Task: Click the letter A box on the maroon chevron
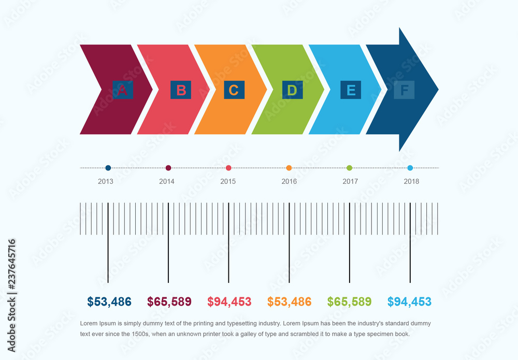pos(123,90)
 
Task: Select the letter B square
pos(181,90)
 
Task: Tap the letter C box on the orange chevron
pos(234,90)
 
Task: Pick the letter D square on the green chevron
pos(292,90)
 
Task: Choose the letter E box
pos(351,90)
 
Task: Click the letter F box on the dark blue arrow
pos(404,90)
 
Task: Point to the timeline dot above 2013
pos(108,168)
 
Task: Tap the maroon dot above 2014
pos(168,168)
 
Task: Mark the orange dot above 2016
pos(289,168)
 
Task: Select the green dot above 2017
pos(349,168)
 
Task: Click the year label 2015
pos(228,181)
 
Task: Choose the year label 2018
pos(411,181)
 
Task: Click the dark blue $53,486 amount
pos(109,301)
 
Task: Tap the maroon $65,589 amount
pos(169,301)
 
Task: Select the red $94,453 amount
pos(229,301)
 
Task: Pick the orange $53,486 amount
pos(290,301)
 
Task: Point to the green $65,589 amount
pos(350,301)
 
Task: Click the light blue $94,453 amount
pos(409,301)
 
